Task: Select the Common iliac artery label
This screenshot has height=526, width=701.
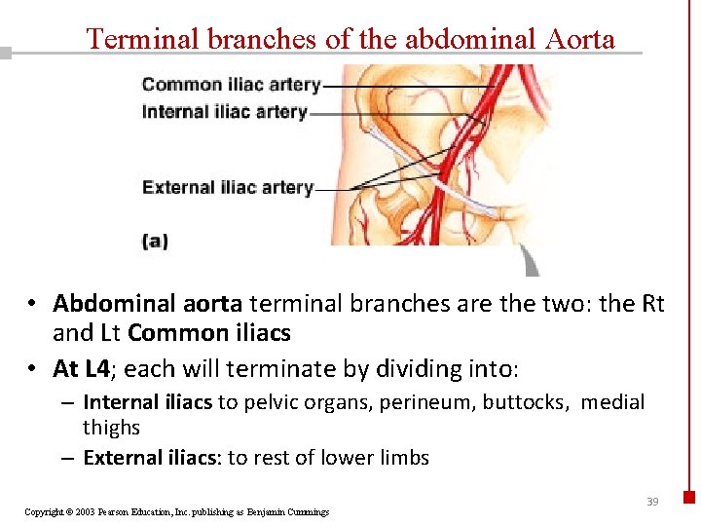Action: coord(231,85)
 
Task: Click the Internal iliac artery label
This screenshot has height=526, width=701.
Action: coord(224,112)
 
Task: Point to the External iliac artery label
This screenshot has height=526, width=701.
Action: coord(228,187)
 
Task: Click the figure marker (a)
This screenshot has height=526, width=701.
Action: coord(155,241)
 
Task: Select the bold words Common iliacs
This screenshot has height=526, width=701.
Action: coord(208,333)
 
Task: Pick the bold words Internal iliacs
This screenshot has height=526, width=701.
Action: coord(147,402)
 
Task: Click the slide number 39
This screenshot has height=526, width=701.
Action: coord(652,502)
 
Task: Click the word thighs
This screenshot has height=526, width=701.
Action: coord(111,428)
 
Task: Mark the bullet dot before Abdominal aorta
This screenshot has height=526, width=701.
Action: coord(33,305)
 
